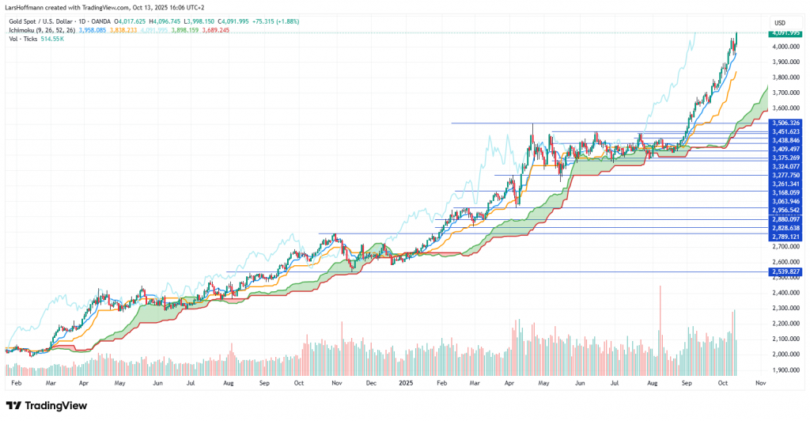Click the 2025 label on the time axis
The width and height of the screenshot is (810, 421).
pos(405,383)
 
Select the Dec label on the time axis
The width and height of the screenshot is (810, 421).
pos(370,383)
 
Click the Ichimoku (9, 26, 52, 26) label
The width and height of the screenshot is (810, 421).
pos(41,30)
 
